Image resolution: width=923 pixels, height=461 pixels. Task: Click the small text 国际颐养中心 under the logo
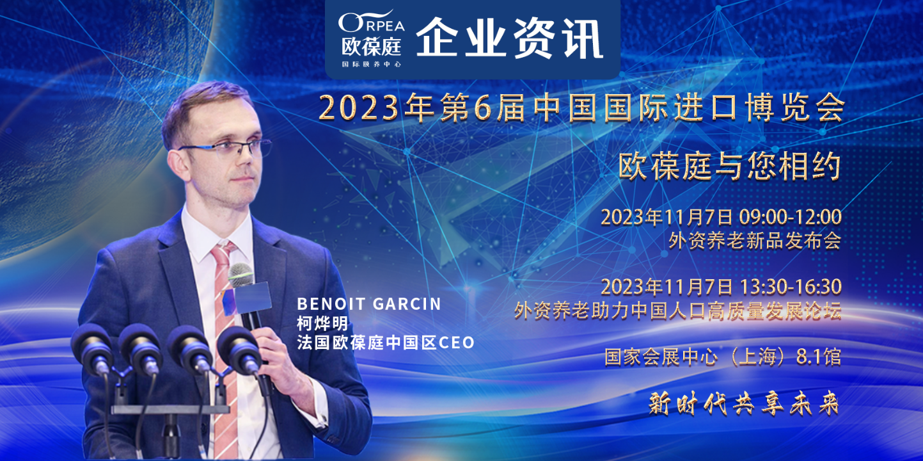coord(371,64)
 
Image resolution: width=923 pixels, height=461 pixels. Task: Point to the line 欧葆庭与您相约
coord(730,166)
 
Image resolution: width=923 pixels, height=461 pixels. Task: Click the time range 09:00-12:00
coord(790,217)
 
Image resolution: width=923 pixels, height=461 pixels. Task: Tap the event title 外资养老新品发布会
coord(755,241)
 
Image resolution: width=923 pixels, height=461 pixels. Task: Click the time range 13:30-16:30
coord(791,287)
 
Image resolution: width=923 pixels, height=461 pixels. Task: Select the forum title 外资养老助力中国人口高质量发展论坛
coord(678,311)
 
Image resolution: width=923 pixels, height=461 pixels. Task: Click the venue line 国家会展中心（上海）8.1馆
coord(723,357)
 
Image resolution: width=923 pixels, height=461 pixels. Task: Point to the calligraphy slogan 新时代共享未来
coord(744,403)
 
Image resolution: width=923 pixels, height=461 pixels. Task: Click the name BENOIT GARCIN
coord(369,304)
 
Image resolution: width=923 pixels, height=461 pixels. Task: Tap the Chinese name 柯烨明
coord(322,324)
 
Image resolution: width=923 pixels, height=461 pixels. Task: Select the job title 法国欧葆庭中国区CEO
coord(386,343)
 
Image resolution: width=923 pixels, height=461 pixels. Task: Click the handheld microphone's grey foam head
coord(241,275)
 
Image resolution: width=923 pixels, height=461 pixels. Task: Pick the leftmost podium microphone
coord(93,348)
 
